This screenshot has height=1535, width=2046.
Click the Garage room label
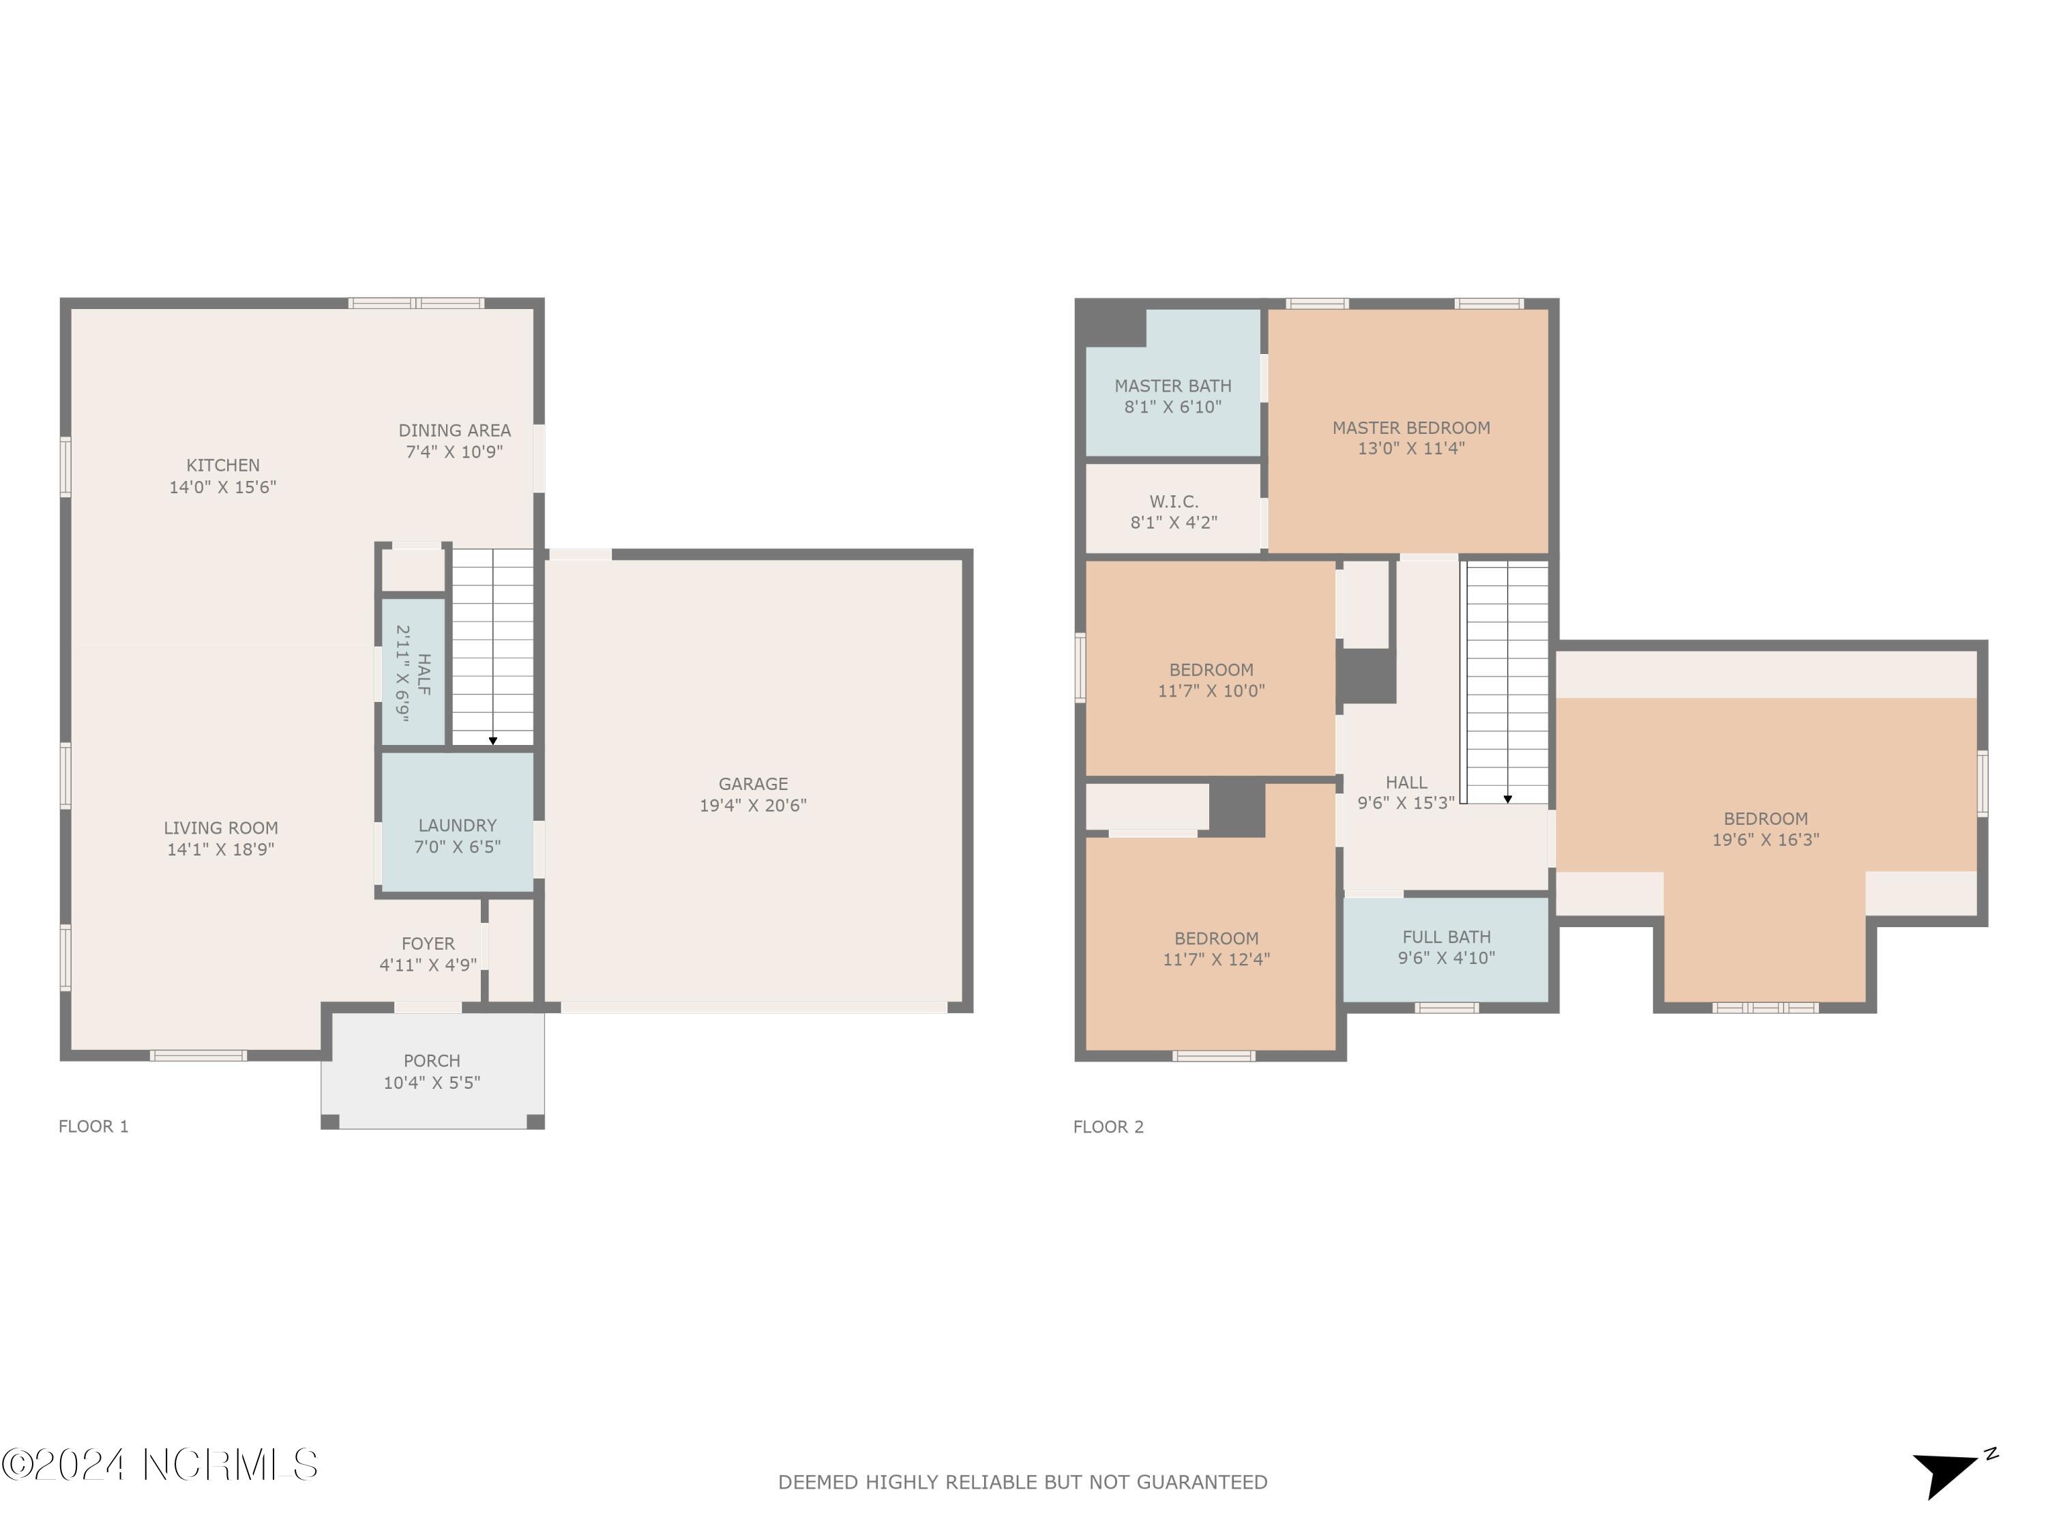coord(753,784)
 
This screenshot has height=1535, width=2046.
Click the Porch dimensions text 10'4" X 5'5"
coord(432,1083)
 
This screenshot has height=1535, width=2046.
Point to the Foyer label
coord(428,944)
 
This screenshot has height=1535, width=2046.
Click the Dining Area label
coord(454,430)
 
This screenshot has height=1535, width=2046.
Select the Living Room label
coord(220,828)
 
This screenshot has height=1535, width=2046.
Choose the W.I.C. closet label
coord(1174,501)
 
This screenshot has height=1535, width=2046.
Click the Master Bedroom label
coord(1410,428)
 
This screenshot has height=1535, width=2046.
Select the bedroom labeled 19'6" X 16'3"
coord(1765,829)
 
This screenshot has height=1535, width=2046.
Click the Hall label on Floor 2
coord(1406,783)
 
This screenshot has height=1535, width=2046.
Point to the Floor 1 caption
coord(93,1126)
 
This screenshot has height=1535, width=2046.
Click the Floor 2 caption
coord(1108,1126)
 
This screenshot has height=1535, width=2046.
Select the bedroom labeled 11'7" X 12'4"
coord(1215,948)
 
